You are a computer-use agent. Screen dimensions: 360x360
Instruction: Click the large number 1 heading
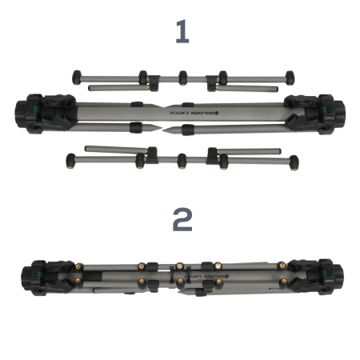(x=182, y=31)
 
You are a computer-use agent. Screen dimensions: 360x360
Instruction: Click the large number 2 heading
(x=182, y=219)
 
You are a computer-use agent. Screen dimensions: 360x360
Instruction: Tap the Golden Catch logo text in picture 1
(x=194, y=113)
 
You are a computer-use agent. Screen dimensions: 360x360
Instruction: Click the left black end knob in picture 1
(x=21, y=114)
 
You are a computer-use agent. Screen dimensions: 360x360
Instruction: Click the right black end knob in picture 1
(x=339, y=114)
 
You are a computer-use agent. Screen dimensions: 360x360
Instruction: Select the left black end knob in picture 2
(x=26, y=278)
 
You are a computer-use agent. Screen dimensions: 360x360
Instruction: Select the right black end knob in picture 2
(x=338, y=278)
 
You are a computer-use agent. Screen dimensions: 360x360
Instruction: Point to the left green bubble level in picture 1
(x=36, y=108)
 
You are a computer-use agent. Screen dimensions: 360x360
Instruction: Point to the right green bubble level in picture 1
(x=325, y=108)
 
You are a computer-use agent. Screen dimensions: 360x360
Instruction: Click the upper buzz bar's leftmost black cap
(x=77, y=78)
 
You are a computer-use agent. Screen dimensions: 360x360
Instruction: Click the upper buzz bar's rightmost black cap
(x=290, y=78)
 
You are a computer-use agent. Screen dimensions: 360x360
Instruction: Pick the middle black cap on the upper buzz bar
(x=183, y=78)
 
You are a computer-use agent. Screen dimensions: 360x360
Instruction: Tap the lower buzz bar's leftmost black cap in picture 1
(x=70, y=161)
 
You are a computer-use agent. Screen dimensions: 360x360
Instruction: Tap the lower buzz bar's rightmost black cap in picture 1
(x=294, y=162)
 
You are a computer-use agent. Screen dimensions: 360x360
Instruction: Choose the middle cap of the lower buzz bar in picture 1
(x=182, y=162)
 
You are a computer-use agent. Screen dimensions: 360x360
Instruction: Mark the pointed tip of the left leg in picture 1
(x=161, y=127)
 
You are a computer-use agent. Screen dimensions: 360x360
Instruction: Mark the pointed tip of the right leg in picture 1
(x=163, y=130)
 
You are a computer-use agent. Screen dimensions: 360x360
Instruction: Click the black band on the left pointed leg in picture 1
(x=136, y=127)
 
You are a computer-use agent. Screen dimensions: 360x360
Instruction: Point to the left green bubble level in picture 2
(x=39, y=273)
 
